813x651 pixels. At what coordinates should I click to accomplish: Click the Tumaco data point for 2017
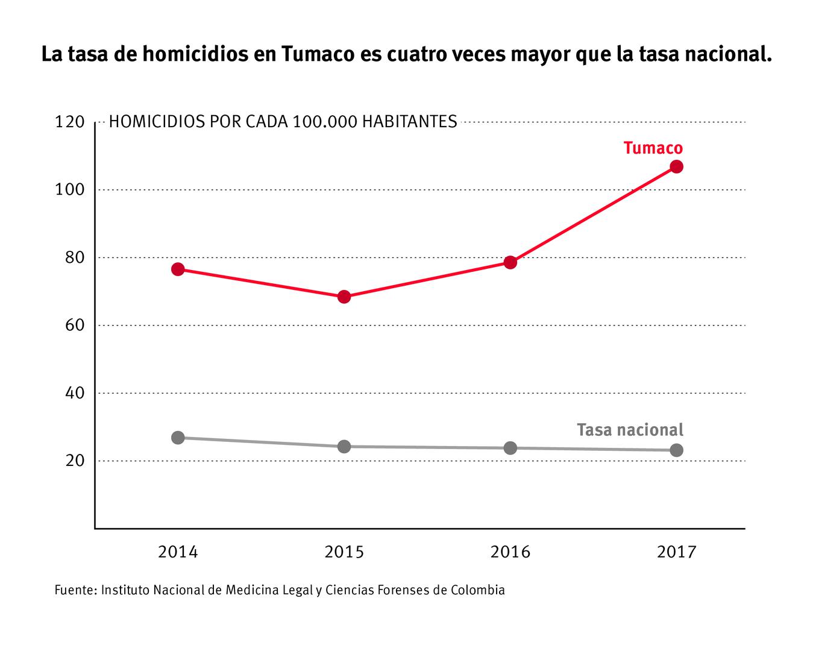pyautogui.click(x=676, y=166)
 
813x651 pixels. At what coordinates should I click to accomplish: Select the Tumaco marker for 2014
pyautogui.click(x=178, y=269)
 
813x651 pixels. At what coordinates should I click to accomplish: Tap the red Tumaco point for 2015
pyautogui.click(x=344, y=297)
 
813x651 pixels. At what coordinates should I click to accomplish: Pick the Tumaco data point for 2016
pyautogui.click(x=510, y=262)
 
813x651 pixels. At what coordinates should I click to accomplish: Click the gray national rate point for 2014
pyautogui.click(x=178, y=438)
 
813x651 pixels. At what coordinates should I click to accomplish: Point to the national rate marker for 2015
pyautogui.click(x=344, y=447)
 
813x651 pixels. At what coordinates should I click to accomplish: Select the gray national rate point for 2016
pyautogui.click(x=510, y=448)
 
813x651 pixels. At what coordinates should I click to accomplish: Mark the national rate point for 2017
pyautogui.click(x=676, y=450)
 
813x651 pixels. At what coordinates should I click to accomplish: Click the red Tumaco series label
pyautogui.click(x=653, y=148)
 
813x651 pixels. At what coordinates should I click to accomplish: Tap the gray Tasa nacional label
pyautogui.click(x=630, y=430)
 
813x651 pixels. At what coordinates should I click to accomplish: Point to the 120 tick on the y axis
pyautogui.click(x=70, y=122)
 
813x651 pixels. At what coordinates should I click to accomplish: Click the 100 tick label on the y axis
pyautogui.click(x=70, y=190)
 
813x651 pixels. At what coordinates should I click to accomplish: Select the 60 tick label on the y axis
pyautogui.click(x=74, y=325)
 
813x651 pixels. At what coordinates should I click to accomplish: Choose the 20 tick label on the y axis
pyautogui.click(x=74, y=461)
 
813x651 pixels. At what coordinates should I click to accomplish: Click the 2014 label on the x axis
pyautogui.click(x=178, y=552)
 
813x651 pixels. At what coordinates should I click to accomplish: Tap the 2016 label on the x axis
pyautogui.click(x=510, y=552)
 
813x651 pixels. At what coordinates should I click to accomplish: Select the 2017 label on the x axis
pyautogui.click(x=676, y=552)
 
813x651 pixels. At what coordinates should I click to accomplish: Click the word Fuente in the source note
pyautogui.click(x=74, y=590)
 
